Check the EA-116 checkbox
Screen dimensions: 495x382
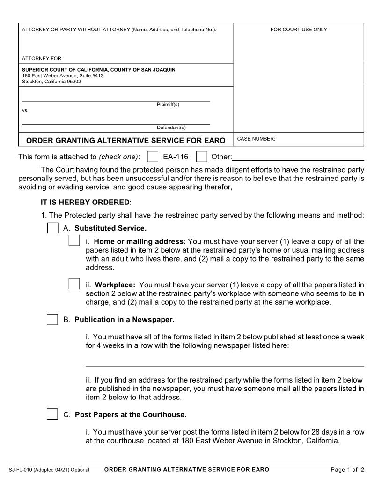(153, 156)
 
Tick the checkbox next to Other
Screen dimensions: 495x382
(201, 156)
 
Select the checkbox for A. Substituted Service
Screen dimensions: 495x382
(52, 228)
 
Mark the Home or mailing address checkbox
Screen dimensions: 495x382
(74, 241)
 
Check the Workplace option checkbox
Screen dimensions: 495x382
(74, 284)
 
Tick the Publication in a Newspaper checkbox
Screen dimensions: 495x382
(52, 320)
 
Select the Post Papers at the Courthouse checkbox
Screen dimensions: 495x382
(52, 414)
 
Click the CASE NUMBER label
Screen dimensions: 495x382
(257, 139)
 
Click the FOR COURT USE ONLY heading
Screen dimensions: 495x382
(299, 30)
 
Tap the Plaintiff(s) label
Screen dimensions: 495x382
(168, 105)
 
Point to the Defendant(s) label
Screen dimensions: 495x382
(171, 127)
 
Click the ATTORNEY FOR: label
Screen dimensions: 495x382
(42, 59)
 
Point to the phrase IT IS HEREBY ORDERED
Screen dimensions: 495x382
(86, 202)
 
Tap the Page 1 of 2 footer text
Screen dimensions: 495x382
(347, 470)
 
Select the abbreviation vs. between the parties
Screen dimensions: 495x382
(25, 111)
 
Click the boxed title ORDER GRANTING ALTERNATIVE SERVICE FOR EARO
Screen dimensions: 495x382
(125, 140)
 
